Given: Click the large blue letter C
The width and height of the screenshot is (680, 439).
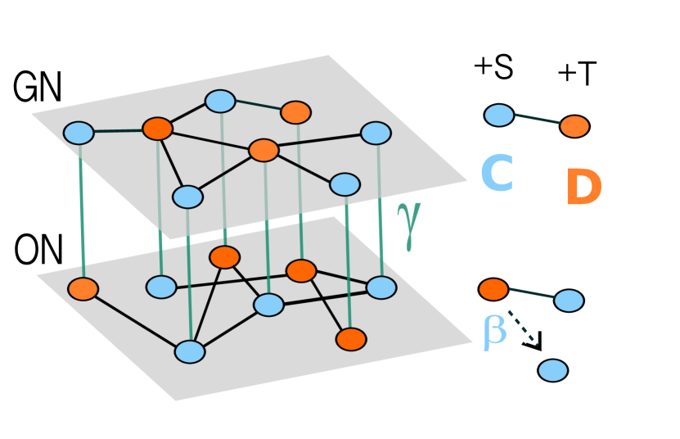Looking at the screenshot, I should tap(497, 174).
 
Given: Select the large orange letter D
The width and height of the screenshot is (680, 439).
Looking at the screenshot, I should tap(583, 188).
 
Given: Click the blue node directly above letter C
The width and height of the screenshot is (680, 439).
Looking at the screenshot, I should tap(499, 115).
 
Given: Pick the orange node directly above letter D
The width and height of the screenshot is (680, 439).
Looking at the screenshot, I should tap(574, 126).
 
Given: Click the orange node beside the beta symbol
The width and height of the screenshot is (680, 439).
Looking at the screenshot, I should tap(493, 289).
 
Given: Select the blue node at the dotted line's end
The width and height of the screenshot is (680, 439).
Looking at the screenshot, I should tap(553, 370).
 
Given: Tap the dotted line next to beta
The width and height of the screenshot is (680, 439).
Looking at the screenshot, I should tap(522, 328).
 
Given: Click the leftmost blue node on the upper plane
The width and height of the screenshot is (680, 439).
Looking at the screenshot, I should tap(79, 133).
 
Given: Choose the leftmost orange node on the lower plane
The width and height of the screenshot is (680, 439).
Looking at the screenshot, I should tap(83, 289).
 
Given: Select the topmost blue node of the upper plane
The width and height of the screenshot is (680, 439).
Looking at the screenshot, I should tap(220, 101).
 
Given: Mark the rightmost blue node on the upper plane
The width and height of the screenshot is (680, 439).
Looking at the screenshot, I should tap(376, 133).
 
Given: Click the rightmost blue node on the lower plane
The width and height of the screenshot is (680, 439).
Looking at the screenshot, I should tap(381, 287).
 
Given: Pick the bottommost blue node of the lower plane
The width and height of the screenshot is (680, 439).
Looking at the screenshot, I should tap(190, 351).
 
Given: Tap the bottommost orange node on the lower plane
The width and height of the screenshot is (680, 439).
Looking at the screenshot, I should tap(351, 339).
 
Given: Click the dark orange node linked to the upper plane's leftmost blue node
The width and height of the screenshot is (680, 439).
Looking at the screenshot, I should tap(157, 129).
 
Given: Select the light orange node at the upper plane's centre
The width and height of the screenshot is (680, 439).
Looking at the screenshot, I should tap(263, 150).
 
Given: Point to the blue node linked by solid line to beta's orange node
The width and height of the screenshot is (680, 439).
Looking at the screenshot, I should tap(569, 301).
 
